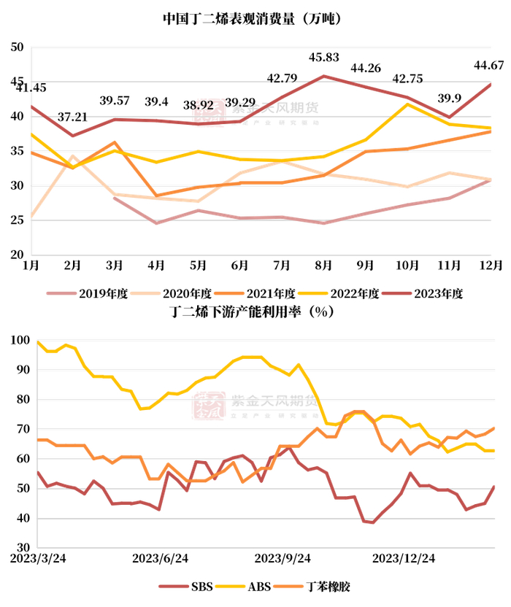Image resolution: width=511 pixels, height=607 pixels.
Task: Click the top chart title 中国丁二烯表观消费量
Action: click(252, 18)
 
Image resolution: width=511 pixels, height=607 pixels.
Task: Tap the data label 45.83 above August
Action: click(323, 57)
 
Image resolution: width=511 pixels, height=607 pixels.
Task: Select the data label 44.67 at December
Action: click(488, 65)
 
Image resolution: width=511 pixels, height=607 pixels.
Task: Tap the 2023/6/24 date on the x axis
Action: click(161, 558)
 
